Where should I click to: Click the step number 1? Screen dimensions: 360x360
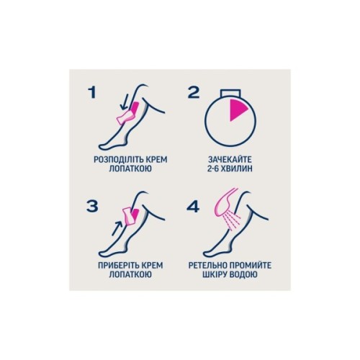click(x=92, y=92)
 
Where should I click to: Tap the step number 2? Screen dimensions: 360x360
click(x=194, y=92)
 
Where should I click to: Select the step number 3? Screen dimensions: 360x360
click(x=92, y=206)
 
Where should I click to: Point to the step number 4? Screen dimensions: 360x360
click(x=193, y=207)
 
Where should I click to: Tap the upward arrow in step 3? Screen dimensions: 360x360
click(x=117, y=228)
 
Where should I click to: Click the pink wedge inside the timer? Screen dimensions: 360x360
click(x=238, y=109)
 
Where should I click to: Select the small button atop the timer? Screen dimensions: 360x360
click(x=230, y=94)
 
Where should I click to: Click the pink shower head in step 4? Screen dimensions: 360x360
click(x=225, y=202)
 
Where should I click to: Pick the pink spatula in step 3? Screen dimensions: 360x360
click(x=128, y=217)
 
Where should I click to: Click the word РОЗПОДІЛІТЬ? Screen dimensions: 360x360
click(x=117, y=160)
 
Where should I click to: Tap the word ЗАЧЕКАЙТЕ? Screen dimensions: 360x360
click(x=230, y=160)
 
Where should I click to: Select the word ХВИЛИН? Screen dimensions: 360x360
click(x=238, y=168)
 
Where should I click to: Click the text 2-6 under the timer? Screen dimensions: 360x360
click(x=214, y=168)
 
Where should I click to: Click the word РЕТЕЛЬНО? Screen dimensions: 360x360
click(x=208, y=266)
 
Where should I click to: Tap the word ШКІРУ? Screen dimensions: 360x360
click(x=215, y=274)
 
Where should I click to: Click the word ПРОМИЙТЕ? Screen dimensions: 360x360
click(x=251, y=266)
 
